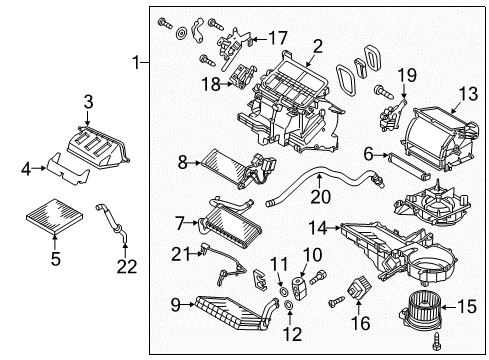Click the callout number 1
point(137,63)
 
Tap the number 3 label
point(88,101)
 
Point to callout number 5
point(55,259)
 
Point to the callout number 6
point(368,153)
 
